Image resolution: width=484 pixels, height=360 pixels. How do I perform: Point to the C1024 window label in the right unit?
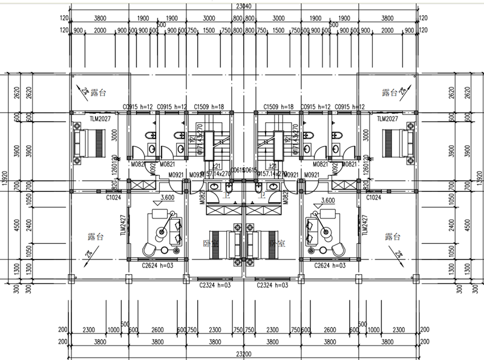tap(375, 197)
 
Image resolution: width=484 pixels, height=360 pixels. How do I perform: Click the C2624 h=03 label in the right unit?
tap(330, 266)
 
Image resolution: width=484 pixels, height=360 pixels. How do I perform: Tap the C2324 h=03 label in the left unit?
tap(215, 285)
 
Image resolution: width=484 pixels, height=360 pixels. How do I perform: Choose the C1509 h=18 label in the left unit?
tap(210, 107)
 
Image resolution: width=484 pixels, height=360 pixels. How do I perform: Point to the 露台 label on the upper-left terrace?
tap(99, 93)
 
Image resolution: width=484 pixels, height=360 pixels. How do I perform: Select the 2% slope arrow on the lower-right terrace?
tap(400, 255)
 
